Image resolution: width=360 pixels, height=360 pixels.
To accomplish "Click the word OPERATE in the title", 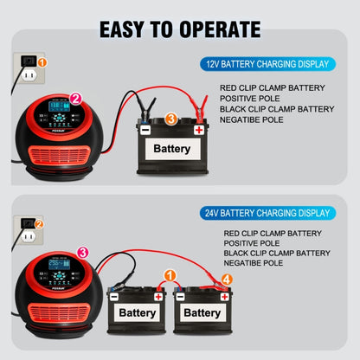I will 207,29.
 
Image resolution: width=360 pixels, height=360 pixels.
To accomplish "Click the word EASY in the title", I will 126,29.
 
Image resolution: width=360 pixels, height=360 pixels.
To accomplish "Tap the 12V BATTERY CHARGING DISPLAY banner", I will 267,64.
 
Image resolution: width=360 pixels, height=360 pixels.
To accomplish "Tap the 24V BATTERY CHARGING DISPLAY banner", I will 267,213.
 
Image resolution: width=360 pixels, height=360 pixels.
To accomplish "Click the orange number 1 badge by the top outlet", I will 42,62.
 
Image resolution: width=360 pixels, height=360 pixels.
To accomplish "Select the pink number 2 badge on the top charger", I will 75,99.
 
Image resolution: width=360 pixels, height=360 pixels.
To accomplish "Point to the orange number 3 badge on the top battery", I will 171,119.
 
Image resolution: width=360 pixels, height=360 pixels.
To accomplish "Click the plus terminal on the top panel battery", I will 199,130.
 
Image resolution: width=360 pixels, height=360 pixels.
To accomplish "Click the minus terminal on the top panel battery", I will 145,130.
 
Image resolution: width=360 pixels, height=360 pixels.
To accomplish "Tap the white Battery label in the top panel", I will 172,149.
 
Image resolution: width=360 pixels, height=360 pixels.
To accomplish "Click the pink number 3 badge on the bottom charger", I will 82,253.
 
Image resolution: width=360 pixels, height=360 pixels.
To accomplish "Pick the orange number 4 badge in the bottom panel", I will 227,280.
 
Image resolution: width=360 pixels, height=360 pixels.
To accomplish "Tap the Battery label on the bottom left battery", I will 138,312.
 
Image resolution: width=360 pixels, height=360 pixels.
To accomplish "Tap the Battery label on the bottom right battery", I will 202,312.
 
